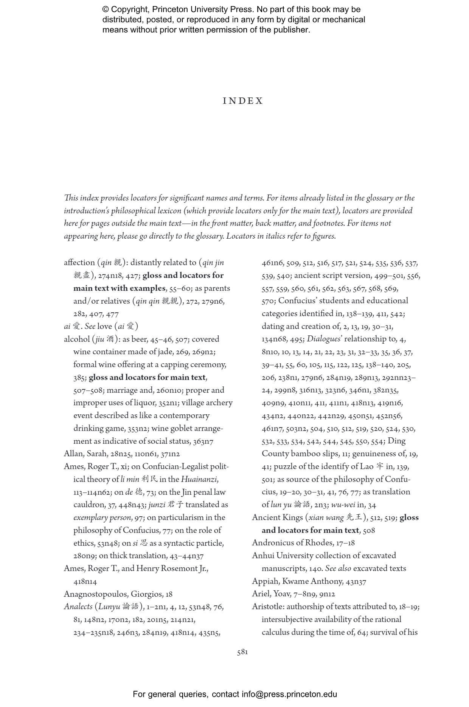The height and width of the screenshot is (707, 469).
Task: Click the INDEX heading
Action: point(243,101)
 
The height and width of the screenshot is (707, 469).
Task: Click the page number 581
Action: point(242,652)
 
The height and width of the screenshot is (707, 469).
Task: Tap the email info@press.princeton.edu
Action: point(289,694)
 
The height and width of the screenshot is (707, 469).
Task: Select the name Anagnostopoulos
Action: point(96,594)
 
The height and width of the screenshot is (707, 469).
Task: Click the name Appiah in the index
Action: point(265,582)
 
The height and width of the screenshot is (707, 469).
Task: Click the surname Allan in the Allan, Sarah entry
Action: point(74,454)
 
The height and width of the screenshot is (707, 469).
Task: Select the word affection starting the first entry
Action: point(79,262)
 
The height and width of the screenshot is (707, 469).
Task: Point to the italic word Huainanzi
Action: point(199,479)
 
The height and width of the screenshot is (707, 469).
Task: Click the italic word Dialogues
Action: point(324,339)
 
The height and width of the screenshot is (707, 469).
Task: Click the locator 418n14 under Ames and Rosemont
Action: point(85,582)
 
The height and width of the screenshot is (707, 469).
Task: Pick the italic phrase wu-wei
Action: point(343,505)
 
